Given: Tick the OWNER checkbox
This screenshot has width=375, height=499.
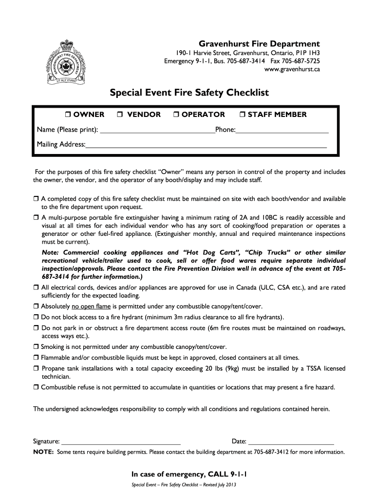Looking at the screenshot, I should (x=68, y=115).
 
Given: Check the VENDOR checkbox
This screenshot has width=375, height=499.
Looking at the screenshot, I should (x=120, y=115).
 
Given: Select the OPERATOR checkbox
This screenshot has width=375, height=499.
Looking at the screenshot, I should (x=177, y=115).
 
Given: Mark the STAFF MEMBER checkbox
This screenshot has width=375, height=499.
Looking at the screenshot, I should (x=243, y=115).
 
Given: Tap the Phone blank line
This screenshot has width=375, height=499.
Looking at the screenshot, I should (x=282, y=132).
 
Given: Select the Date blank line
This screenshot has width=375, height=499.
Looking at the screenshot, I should (x=291, y=443).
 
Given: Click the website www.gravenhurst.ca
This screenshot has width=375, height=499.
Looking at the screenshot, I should (x=292, y=70).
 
